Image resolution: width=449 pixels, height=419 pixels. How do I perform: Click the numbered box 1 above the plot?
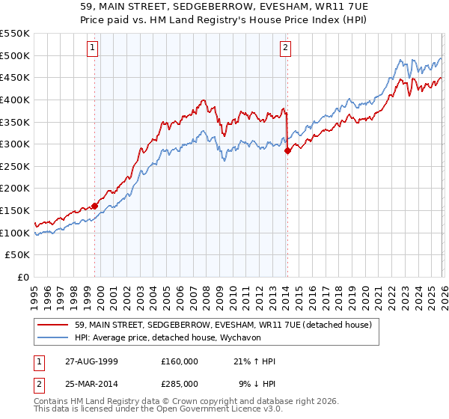pyautogui.click(x=93, y=48)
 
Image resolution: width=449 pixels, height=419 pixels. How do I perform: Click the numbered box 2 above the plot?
pyautogui.click(x=286, y=48)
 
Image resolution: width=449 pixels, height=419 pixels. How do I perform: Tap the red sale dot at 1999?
pyautogui.click(x=95, y=206)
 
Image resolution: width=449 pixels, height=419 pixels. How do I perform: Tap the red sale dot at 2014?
pyautogui.click(x=287, y=150)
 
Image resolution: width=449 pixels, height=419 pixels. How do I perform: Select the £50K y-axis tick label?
pyautogui.click(x=18, y=255)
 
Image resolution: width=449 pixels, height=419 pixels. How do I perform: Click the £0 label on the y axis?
pyautogui.click(x=24, y=278)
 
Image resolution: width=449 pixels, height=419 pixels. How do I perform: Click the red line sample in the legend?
pyautogui.click(x=55, y=325)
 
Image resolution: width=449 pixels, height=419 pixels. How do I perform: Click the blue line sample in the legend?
pyautogui.click(x=55, y=337)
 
